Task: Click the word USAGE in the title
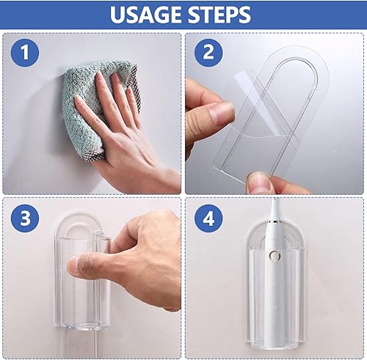pos(146,15)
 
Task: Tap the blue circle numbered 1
pos(25,53)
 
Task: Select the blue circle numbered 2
pos(208,53)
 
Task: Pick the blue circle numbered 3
pos(25,218)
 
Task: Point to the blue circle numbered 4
pos(208,218)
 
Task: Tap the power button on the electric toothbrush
pos(274,256)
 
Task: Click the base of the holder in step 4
pos(275,342)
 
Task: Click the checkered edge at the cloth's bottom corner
pos(94,155)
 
